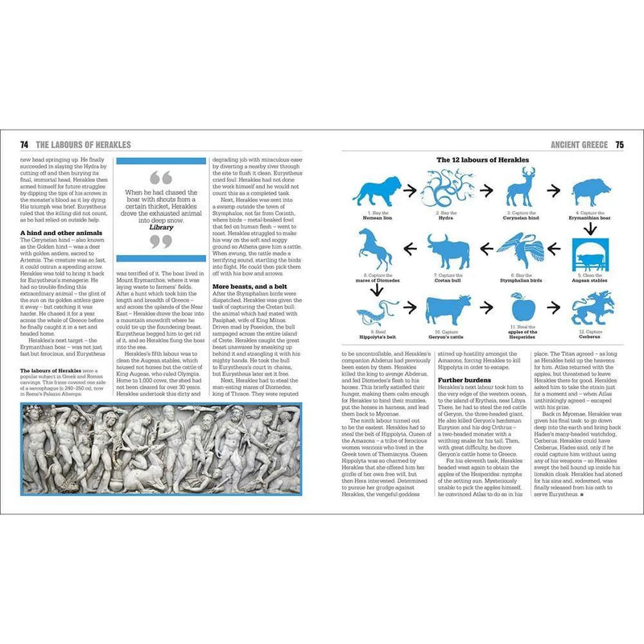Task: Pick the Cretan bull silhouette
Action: (x=448, y=253)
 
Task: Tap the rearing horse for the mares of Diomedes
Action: (x=373, y=250)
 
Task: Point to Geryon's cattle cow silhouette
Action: (x=448, y=310)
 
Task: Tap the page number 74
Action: (x=25, y=145)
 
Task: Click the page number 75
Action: (x=619, y=145)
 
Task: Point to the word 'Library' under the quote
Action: (x=161, y=228)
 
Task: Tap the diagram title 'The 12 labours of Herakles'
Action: (x=482, y=160)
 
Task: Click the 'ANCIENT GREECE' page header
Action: (x=579, y=145)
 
